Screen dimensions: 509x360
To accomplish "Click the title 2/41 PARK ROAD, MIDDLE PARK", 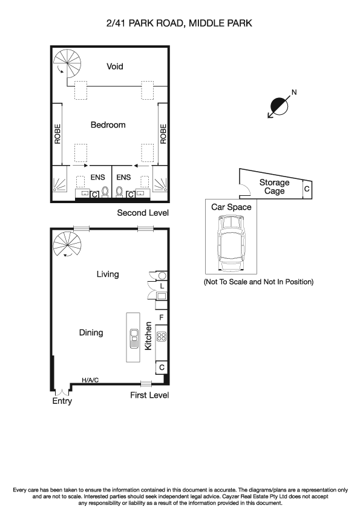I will click(x=178, y=24).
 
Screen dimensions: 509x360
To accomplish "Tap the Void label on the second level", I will click(x=114, y=66).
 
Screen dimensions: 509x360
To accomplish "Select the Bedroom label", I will click(x=108, y=125).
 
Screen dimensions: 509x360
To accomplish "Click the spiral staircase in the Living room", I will click(x=67, y=246).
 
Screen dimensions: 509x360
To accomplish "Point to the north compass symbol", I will click(x=279, y=106).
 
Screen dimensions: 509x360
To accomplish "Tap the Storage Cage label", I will click(x=274, y=186).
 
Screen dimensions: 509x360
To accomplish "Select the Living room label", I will click(x=108, y=274).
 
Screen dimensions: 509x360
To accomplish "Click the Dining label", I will click(x=91, y=332).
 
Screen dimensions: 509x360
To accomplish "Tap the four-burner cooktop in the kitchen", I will click(x=162, y=337).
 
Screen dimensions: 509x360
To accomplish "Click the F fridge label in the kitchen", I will click(x=162, y=317).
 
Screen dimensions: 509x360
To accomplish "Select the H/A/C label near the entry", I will click(x=90, y=380).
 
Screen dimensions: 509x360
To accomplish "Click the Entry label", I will click(x=62, y=401).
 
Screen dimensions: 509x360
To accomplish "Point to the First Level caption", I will click(x=149, y=395).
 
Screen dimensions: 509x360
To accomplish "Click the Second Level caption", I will click(x=143, y=213).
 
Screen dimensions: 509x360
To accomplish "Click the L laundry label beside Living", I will click(x=162, y=285).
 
